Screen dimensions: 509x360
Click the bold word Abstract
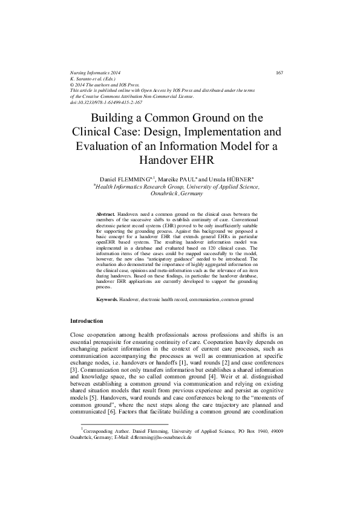coord(106,214)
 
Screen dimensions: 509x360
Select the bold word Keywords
coord(107,299)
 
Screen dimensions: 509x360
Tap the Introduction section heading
coord(87,320)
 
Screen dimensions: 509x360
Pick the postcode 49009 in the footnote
coord(277,464)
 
